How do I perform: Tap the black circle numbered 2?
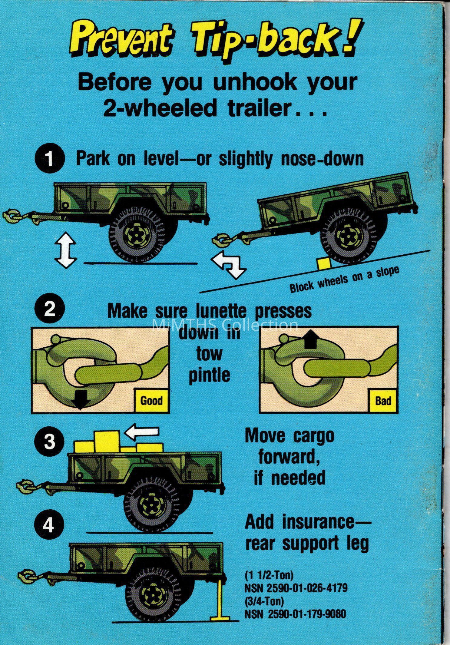click(x=49, y=311)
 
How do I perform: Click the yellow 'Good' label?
click(x=151, y=401)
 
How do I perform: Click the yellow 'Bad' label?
click(x=383, y=401)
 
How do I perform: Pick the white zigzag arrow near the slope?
click(x=228, y=263)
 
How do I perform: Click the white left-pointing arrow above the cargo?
click(x=142, y=432)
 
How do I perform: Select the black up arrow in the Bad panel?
click(x=310, y=339)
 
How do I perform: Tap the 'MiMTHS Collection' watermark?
click(x=225, y=325)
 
